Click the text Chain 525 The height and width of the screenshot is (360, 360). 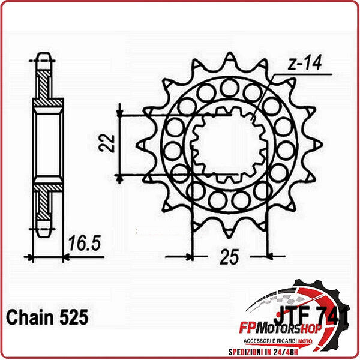47,317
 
